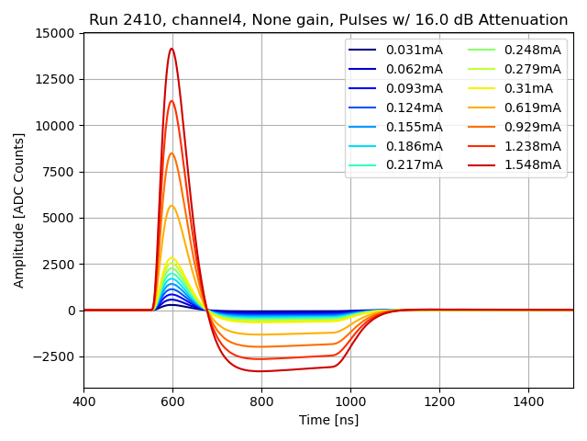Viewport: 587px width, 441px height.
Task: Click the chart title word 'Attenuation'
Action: (x=524, y=20)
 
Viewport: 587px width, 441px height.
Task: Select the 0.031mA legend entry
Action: (x=414, y=50)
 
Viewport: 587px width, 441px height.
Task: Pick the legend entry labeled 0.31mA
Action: (x=528, y=88)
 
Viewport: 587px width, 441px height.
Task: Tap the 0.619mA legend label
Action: (x=533, y=107)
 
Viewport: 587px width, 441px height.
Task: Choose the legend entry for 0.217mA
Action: (x=414, y=164)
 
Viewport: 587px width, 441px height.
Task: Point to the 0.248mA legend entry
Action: (x=533, y=50)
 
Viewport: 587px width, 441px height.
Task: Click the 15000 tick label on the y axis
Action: (x=55, y=33)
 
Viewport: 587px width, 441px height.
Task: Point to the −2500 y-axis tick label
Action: (x=56, y=356)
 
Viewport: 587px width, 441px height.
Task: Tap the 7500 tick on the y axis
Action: (x=59, y=172)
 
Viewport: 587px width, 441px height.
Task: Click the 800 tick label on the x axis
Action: (x=261, y=401)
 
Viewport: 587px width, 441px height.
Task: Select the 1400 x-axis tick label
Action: (x=528, y=401)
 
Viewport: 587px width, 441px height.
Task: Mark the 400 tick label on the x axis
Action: (x=83, y=401)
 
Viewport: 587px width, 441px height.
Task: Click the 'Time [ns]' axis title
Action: (x=328, y=420)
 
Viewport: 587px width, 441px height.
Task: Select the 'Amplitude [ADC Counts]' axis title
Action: (x=19, y=209)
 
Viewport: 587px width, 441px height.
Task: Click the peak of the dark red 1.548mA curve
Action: (x=172, y=49)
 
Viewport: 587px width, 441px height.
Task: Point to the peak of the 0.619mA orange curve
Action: (x=172, y=206)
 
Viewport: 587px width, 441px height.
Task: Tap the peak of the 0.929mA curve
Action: (x=172, y=153)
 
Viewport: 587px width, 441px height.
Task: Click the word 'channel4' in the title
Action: (x=190, y=20)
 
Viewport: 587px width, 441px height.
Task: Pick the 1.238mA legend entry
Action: (x=533, y=145)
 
